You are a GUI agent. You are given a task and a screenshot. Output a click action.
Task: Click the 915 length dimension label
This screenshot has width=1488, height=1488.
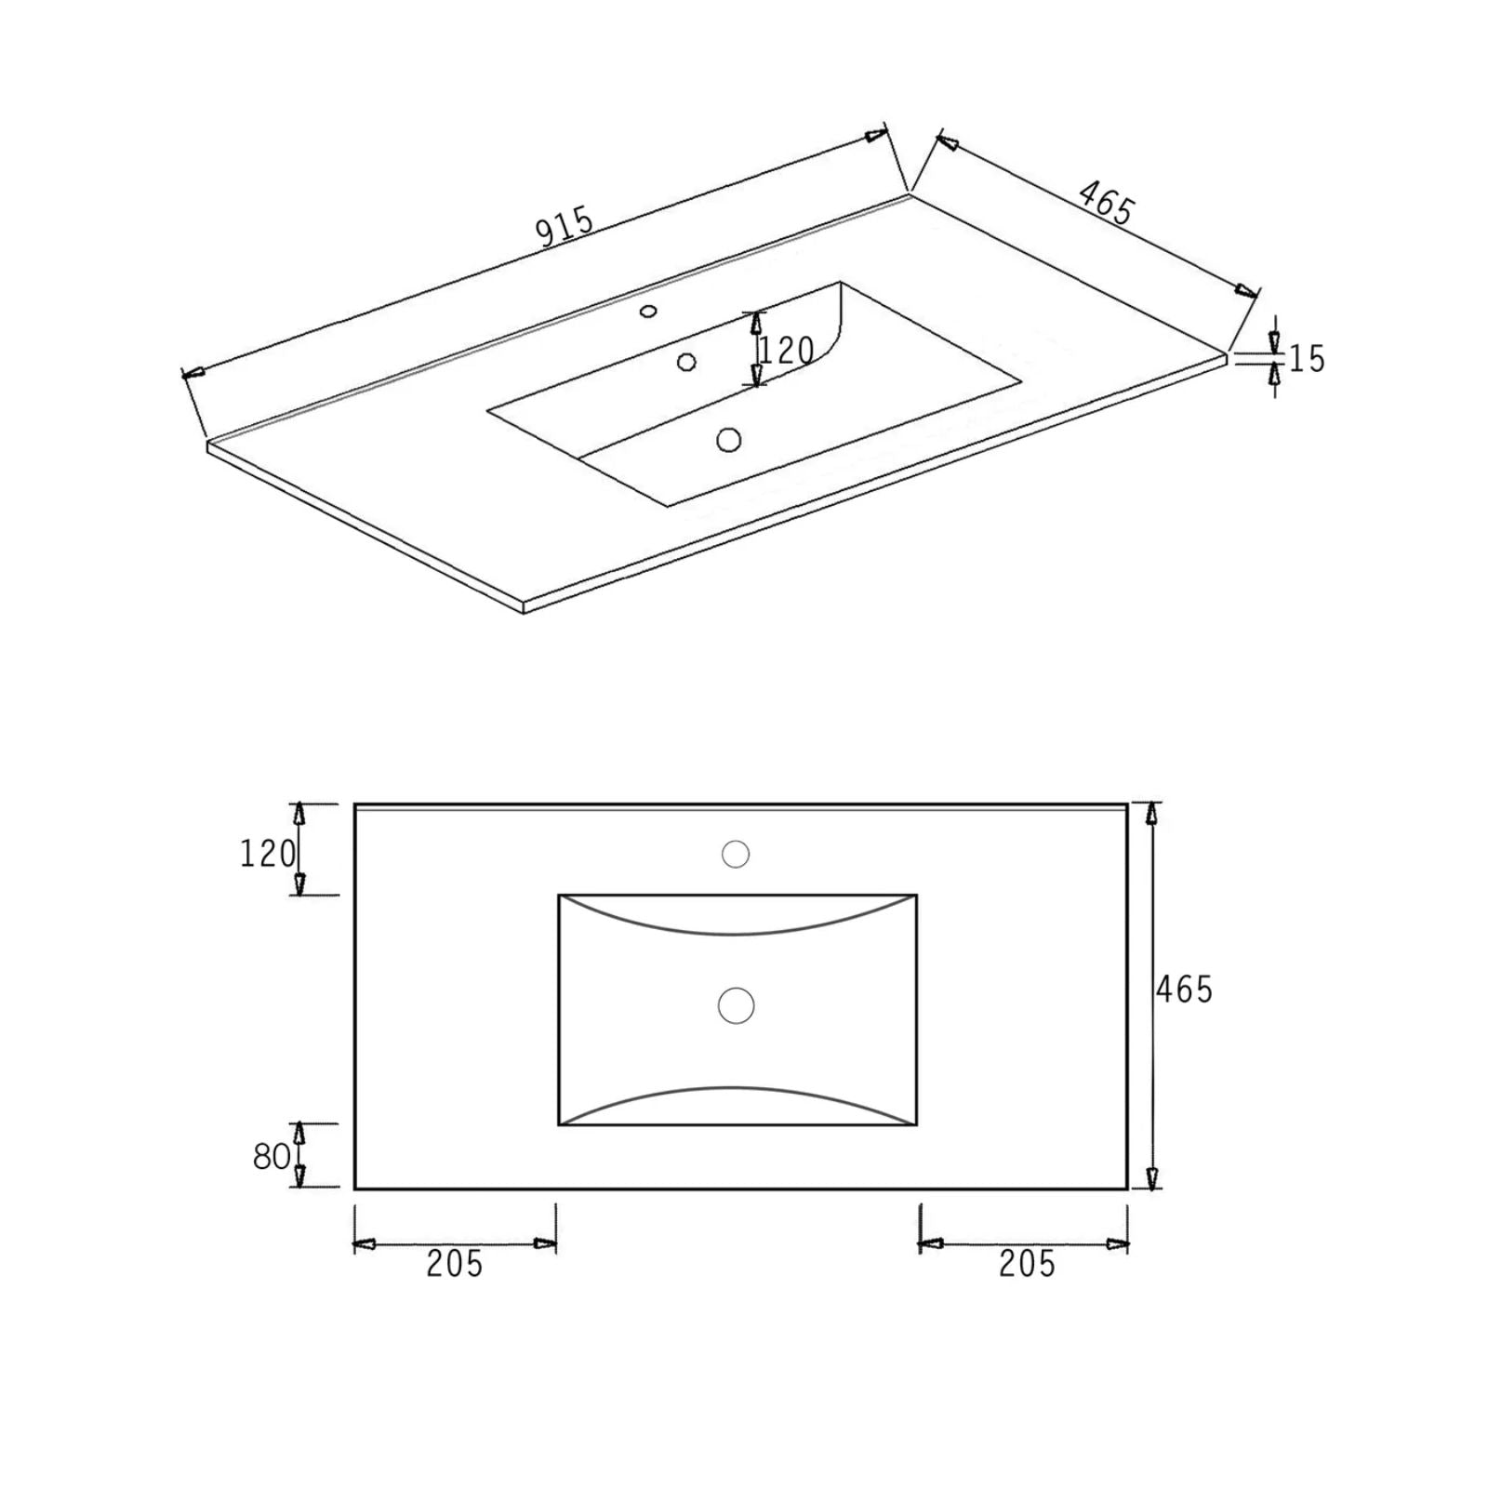pos(565,228)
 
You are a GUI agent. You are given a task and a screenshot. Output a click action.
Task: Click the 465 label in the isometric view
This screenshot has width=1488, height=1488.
pos(1106,202)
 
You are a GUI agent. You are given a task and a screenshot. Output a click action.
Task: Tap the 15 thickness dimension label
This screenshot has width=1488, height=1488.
pos(1308,359)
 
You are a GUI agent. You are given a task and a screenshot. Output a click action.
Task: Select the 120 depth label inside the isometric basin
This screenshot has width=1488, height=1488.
pos(787,351)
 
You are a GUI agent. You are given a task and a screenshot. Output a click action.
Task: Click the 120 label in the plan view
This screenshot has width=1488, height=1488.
pos(268,853)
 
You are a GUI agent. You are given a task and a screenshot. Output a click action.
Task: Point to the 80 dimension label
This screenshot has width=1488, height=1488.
pos(272,1156)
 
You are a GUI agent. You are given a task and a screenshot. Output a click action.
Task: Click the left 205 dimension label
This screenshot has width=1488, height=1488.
pos(455,1264)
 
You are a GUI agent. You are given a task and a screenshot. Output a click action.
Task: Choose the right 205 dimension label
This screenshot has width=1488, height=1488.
pos(1027,1264)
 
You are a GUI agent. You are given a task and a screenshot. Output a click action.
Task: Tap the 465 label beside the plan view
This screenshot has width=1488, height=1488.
pos(1184,990)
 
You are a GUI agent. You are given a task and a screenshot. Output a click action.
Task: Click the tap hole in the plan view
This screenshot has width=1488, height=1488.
pos(736,854)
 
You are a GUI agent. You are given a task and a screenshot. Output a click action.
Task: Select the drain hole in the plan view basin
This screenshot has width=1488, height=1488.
pos(737,1005)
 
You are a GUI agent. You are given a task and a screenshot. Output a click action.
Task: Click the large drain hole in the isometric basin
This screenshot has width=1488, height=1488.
pos(729,439)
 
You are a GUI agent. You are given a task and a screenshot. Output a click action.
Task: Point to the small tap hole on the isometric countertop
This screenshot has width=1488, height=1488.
pos(648,312)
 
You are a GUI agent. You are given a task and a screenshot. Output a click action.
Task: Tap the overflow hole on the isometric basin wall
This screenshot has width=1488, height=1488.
pos(687,361)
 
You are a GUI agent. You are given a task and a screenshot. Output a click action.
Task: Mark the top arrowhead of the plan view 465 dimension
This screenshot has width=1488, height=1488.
pos(1152,814)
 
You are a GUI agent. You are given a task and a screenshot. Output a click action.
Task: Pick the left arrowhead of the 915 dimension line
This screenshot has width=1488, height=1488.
pos(193,373)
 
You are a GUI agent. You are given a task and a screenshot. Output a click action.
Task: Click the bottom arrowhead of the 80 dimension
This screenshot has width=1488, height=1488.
pos(299,1176)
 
